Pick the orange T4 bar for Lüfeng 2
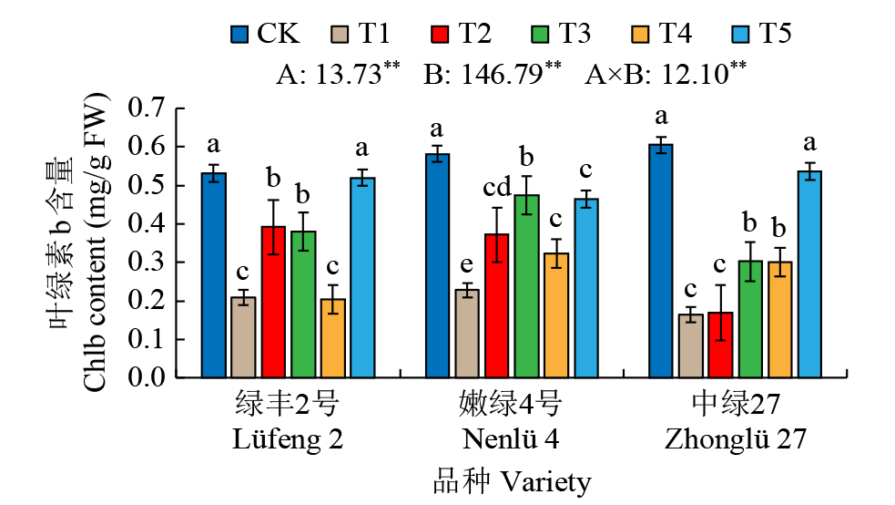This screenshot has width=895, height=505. click(x=333, y=338)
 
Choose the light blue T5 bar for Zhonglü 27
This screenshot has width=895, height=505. click(x=809, y=274)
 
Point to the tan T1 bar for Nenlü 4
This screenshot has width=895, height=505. click(x=467, y=333)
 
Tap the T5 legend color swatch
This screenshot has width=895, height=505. click(x=742, y=35)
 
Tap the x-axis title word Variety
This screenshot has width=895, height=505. click(x=544, y=481)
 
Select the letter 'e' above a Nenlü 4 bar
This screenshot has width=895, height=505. click(x=467, y=265)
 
